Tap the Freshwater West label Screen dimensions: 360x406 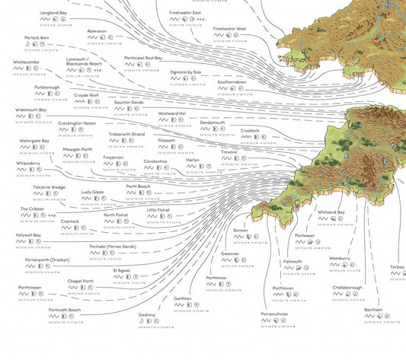coord(229,29)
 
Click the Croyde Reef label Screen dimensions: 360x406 coord(86,96)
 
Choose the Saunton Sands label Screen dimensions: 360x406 coord(129,102)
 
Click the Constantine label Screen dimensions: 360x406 coord(155,161)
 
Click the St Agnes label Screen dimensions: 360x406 coord(122,270)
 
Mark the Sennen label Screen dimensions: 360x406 coord(241,230)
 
